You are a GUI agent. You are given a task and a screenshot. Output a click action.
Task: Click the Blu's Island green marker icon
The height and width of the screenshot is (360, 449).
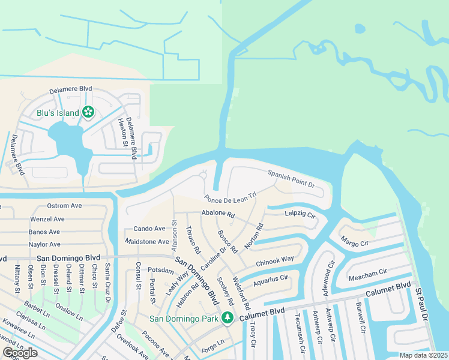click(88, 112)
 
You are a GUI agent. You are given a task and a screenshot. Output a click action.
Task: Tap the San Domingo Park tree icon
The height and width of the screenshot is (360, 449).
click(227, 318)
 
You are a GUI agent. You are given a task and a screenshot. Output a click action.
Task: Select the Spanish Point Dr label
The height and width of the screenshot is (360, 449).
click(291, 178)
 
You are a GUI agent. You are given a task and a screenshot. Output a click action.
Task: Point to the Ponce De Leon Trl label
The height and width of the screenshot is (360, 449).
click(230, 197)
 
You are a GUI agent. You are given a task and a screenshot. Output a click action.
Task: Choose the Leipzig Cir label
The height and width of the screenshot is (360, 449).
click(300, 214)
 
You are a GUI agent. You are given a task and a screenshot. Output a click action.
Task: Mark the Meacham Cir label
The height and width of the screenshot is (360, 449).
click(367, 274)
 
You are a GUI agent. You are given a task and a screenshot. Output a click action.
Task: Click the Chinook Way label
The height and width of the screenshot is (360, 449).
click(275, 260)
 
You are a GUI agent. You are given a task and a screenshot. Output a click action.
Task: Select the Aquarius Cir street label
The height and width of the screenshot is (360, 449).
click(271, 280)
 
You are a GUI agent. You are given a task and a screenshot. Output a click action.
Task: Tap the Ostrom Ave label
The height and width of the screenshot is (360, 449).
click(64, 206)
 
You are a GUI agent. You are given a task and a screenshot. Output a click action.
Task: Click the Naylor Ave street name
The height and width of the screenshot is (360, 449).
click(44, 244)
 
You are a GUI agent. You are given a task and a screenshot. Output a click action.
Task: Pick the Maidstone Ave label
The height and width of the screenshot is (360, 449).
click(147, 241)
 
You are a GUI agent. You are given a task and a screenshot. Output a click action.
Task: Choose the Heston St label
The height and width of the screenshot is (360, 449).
click(122, 132)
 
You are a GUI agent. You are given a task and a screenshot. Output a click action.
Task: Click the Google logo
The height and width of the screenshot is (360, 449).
click(20, 353)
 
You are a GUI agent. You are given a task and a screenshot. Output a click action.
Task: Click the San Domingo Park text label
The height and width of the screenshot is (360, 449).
click(184, 319)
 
